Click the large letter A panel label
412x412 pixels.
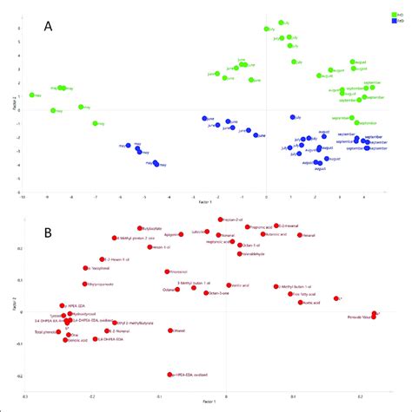tap(50, 26)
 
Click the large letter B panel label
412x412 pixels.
tap(50, 232)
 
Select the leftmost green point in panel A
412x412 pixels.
tap(32, 95)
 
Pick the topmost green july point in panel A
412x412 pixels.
tap(281, 23)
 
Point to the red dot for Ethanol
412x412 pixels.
tap(171, 330)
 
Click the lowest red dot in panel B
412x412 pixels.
tap(169, 375)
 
